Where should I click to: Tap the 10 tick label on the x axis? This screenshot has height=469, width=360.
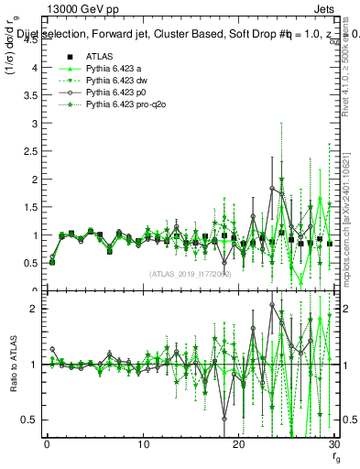143,445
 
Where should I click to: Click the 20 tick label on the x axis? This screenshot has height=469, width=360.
239,445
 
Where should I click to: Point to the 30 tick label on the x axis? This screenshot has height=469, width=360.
334,445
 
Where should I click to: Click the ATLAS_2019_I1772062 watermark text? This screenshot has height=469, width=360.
190,274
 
